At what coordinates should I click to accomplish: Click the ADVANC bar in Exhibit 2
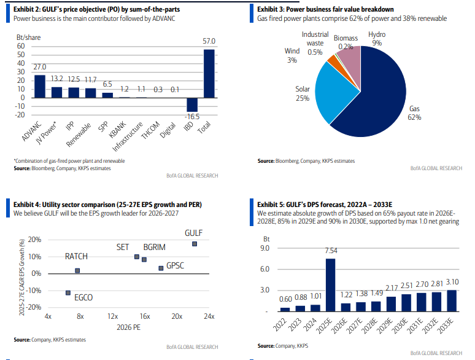pos(40,86)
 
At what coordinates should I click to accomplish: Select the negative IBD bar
pos(193,104)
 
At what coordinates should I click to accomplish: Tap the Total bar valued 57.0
pos(209,73)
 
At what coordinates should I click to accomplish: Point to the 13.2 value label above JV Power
pos(56,78)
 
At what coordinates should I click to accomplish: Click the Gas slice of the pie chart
pos(380,98)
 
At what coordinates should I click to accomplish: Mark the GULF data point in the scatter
pos(195,244)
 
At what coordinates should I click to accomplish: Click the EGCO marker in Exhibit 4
pos(68,292)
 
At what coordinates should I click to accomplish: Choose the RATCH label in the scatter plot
pos(77,256)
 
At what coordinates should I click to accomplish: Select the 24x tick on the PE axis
pos(209,316)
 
